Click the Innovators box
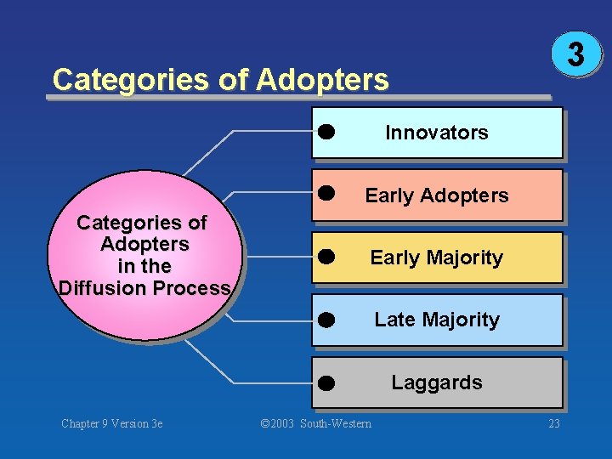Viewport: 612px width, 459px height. [437, 133]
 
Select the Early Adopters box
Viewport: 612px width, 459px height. [437, 195]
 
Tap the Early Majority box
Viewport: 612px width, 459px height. [437, 258]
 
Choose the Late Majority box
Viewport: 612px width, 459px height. [437, 320]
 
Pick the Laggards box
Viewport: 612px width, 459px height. [437, 382]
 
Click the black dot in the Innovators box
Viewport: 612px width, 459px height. [326, 132]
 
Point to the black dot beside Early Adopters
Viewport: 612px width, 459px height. [326, 193]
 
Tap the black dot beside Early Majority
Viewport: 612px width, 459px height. [326, 257]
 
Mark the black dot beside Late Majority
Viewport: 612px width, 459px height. [326, 320]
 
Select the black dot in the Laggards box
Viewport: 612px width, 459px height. [326, 383]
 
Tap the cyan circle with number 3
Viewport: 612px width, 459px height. [576, 54]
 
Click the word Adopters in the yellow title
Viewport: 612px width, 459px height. [322, 80]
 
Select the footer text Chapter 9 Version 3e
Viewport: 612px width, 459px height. [112, 423]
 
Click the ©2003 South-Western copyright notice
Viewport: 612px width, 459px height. [315, 423]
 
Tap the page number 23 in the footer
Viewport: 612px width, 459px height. [554, 423]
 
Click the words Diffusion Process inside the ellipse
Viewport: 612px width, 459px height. [144, 288]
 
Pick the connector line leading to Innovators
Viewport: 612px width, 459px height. [234, 132]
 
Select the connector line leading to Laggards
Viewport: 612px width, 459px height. [234, 382]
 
